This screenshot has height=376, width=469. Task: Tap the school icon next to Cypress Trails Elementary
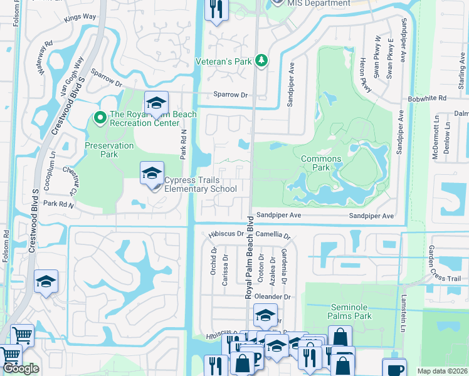152,174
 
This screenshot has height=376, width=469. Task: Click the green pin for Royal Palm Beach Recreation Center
99,117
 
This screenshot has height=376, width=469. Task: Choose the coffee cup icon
394,369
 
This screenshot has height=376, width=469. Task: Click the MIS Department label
319,4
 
